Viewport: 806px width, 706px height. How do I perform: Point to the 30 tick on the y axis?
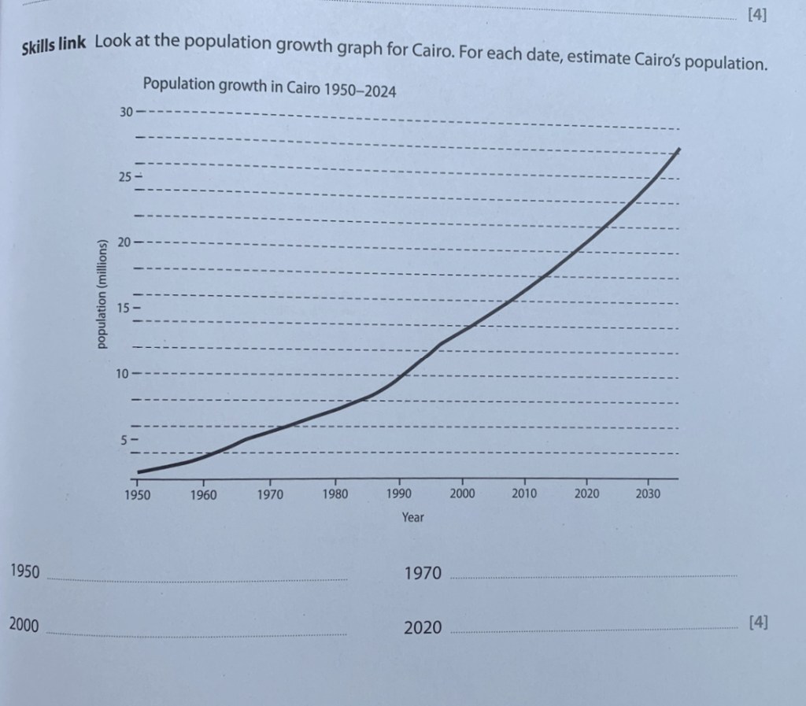tap(126, 112)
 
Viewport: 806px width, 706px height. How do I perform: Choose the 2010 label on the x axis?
tap(523, 494)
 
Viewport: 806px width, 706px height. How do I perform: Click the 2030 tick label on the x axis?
tap(648, 494)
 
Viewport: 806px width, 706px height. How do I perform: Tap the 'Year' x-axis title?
tap(412, 517)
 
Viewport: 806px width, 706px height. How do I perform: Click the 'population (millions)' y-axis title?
tap(101, 293)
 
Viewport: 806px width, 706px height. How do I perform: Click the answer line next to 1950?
tap(197, 578)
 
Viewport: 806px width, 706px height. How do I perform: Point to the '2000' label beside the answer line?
tap(24, 626)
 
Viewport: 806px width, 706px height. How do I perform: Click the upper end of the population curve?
tap(678, 149)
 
